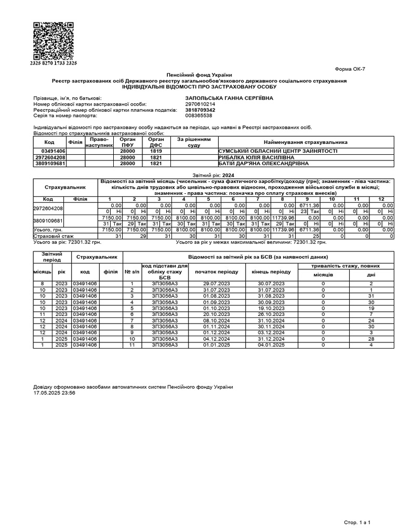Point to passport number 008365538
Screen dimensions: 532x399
click(x=198, y=115)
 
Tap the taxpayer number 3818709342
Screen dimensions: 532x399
click(x=200, y=110)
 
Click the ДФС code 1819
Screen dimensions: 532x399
click(x=156, y=151)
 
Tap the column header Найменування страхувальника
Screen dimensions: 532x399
click(x=305, y=142)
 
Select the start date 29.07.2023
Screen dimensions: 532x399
click(x=217, y=283)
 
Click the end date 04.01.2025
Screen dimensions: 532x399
click(x=271, y=344)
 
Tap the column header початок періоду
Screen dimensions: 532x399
click(x=217, y=272)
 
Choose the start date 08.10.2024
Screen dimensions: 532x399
click(x=217, y=320)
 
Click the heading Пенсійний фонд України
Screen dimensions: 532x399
click(x=199, y=76)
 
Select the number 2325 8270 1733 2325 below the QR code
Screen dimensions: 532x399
click(x=53, y=63)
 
